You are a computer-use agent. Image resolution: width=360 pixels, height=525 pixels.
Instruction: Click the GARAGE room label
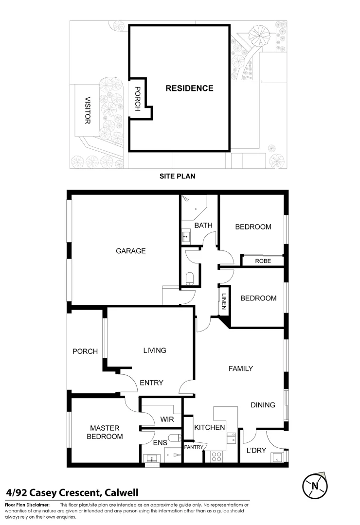130,251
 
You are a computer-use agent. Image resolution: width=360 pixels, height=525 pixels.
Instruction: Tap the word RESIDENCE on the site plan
189,88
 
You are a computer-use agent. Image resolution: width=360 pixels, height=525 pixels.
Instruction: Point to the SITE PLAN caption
178,176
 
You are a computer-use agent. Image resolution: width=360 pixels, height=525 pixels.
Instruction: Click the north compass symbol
315,485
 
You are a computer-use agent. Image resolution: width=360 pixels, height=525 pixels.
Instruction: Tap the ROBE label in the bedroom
263,261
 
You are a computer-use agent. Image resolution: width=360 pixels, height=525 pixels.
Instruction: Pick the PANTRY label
193,447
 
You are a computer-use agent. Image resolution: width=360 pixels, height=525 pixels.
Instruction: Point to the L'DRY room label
256,450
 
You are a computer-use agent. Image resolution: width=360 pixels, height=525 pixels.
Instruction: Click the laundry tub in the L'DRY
277,457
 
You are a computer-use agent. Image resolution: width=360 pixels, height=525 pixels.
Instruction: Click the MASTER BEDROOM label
104,432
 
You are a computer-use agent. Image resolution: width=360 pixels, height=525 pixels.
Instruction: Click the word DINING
263,405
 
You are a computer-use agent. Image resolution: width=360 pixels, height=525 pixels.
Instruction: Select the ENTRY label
151,383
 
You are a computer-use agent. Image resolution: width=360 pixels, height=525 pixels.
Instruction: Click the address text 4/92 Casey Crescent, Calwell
72,493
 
